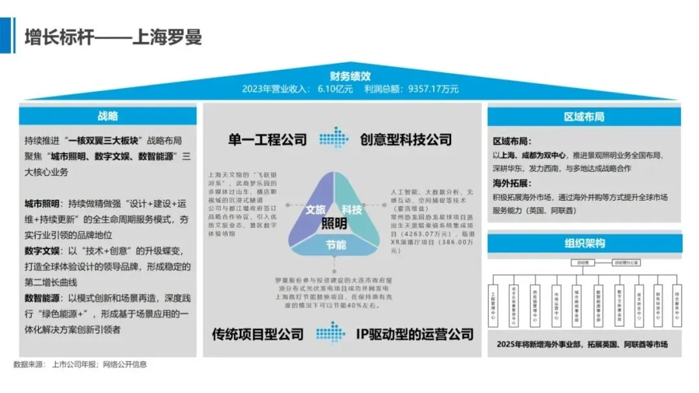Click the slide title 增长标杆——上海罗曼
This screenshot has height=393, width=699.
point(113,36)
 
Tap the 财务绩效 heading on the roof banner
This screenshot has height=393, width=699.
point(349,76)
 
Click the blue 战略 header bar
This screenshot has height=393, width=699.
point(107,117)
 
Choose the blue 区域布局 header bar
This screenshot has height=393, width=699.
point(584,117)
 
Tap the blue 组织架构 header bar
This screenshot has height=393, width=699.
point(584,244)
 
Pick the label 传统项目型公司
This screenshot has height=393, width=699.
point(258,335)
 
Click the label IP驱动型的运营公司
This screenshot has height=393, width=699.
point(414,335)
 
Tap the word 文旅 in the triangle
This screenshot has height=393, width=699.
point(315,210)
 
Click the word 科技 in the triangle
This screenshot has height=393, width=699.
point(351,210)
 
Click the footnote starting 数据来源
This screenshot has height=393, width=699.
point(80,365)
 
